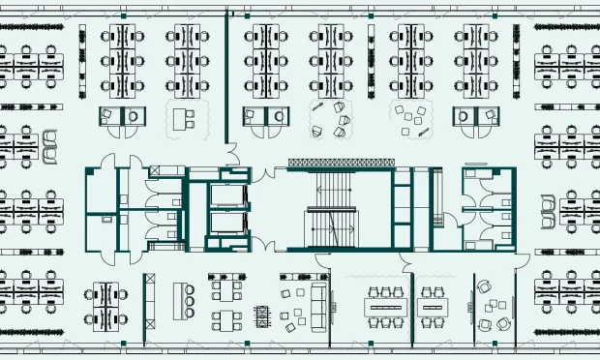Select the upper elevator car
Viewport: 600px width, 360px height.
[228, 196]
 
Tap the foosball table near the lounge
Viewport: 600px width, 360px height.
[261, 315]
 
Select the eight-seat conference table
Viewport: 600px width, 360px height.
[386, 307]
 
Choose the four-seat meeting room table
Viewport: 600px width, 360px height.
[430, 307]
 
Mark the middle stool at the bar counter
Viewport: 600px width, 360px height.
[191, 301]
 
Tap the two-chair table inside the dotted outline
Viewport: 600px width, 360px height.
[185, 117]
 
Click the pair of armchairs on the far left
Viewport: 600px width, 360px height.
[49, 141]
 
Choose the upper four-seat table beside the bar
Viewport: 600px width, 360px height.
[227, 288]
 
